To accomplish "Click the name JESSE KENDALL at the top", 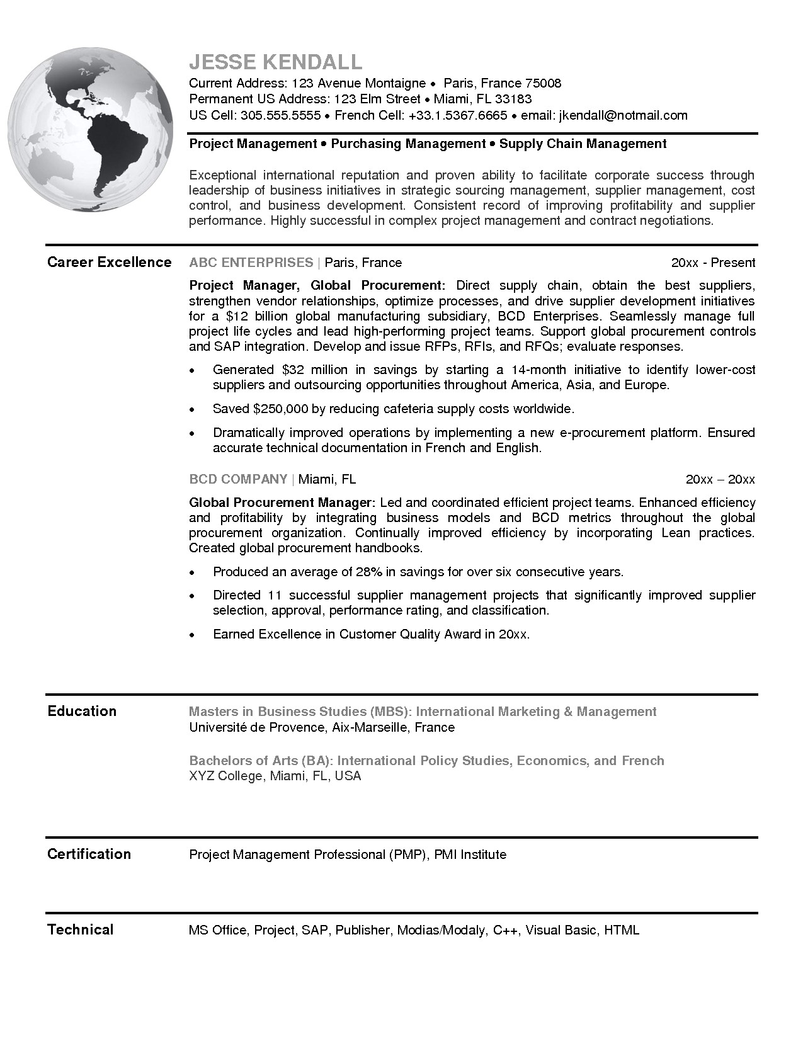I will [x=276, y=62].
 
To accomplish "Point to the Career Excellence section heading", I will [x=109, y=262].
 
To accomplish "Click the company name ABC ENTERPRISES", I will [x=251, y=263].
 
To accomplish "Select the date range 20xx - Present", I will [x=713, y=263].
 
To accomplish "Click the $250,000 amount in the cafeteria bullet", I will [x=280, y=409].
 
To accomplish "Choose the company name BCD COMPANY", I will [x=238, y=479].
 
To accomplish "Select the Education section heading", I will [x=82, y=711].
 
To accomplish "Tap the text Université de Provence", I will [x=256, y=728].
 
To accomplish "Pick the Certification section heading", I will [x=89, y=854].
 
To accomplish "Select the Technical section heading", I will [x=80, y=929].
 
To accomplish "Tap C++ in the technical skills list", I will [x=506, y=930].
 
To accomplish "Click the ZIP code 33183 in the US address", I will [x=513, y=99].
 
